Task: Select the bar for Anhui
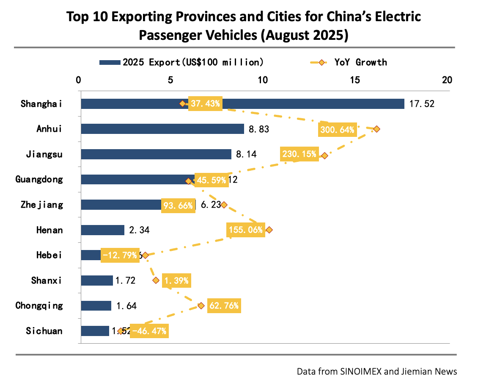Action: pyautogui.click(x=162, y=129)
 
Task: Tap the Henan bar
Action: pyautogui.click(x=102, y=230)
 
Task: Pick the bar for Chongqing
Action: pyautogui.click(x=96, y=306)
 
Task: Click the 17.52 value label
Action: pyautogui.click(x=422, y=104)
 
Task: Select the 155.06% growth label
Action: pyautogui.click(x=246, y=230)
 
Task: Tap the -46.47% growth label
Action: pyautogui.click(x=149, y=331)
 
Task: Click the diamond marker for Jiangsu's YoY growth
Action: pyautogui.click(x=324, y=156)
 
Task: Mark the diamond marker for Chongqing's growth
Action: pyautogui.click(x=201, y=306)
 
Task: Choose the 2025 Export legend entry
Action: pyautogui.click(x=182, y=62)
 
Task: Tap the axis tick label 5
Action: pyautogui.click(x=170, y=80)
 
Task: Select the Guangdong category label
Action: pyautogui.click(x=39, y=179)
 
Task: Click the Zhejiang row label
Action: pyautogui.click(x=42, y=205)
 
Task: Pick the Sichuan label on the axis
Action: pyautogui.click(x=44, y=331)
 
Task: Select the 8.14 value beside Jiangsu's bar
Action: pyautogui.click(x=246, y=155)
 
